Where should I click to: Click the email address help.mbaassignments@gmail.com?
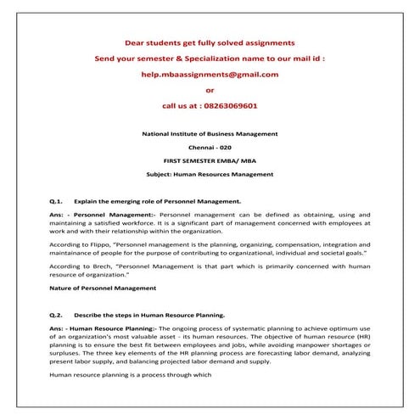(210, 74)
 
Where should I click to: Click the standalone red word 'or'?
(210, 90)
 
